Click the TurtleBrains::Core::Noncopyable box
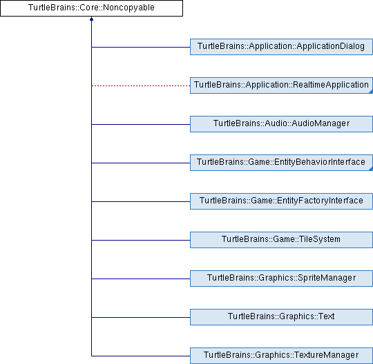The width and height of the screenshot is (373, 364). (x=91, y=8)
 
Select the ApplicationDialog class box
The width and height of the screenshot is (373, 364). (x=281, y=47)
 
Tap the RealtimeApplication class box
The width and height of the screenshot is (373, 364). (x=281, y=85)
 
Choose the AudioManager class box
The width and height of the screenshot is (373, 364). (x=281, y=124)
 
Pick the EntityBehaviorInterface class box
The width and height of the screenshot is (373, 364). (x=281, y=163)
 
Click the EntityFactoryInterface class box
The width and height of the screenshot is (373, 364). (x=281, y=201)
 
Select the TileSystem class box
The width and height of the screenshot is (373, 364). (x=281, y=240)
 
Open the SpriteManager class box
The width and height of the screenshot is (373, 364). (x=281, y=279)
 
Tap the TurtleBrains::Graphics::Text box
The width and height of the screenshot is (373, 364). (x=281, y=317)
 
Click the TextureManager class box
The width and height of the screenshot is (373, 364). (x=281, y=356)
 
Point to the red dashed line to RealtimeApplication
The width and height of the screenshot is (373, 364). (x=141, y=85)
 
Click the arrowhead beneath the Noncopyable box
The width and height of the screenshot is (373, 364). (x=91, y=19)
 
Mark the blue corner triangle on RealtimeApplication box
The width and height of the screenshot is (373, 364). (x=371, y=92)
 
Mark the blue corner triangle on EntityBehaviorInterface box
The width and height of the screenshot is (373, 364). (x=371, y=169)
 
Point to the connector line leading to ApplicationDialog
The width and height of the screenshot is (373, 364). (x=141, y=47)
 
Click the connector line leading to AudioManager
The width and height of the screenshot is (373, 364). (x=141, y=124)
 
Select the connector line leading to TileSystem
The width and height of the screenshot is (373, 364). (x=141, y=240)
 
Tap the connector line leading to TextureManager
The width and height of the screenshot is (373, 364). (x=141, y=356)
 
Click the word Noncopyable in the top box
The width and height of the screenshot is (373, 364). (x=128, y=8)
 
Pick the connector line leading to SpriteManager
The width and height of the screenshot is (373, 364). (x=141, y=279)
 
